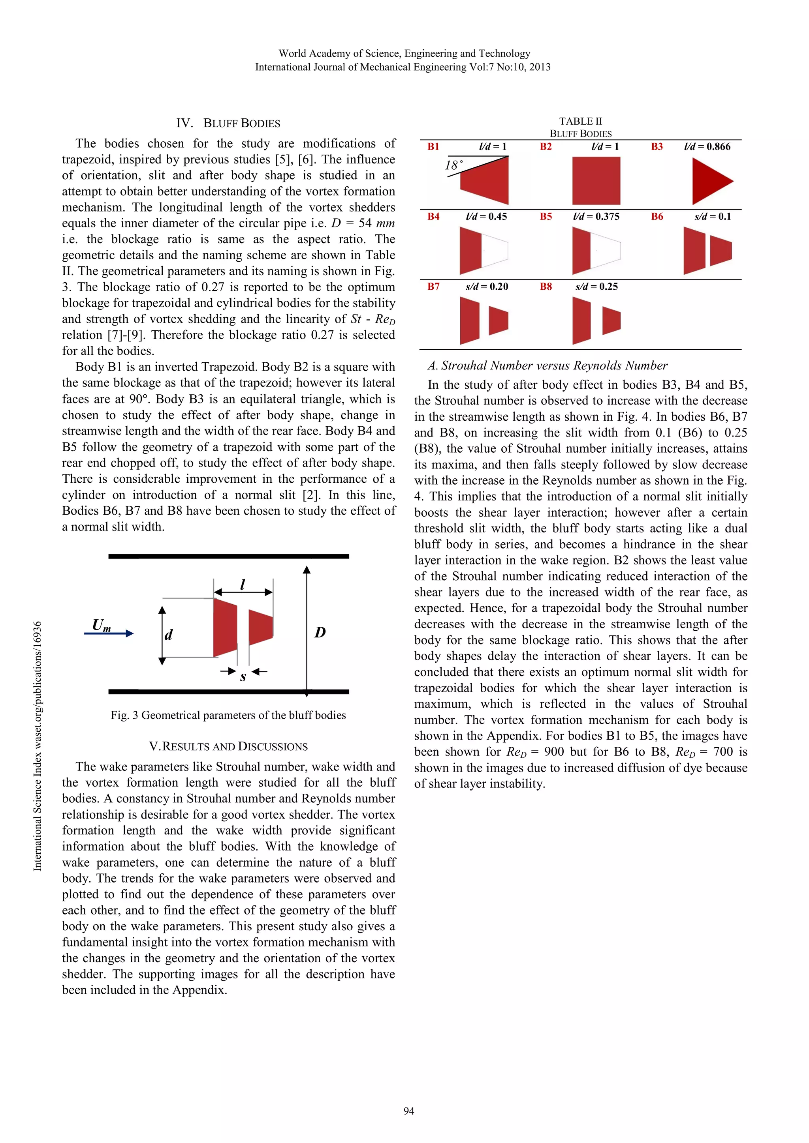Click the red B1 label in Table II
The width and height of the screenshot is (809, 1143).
point(433,146)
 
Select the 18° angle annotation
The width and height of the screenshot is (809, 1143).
point(453,165)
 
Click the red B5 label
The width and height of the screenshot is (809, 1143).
point(546,217)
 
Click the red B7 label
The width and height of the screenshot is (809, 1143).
point(433,287)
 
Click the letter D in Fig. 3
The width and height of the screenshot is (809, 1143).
point(320,632)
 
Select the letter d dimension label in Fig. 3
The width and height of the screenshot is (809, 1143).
point(169,635)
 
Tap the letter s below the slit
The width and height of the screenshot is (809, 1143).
point(243,676)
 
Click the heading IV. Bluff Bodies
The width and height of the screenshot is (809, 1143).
point(228,123)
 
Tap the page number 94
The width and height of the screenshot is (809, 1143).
point(408,1111)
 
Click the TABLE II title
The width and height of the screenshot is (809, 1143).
point(580,121)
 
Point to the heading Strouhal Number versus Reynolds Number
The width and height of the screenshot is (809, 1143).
point(547,365)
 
